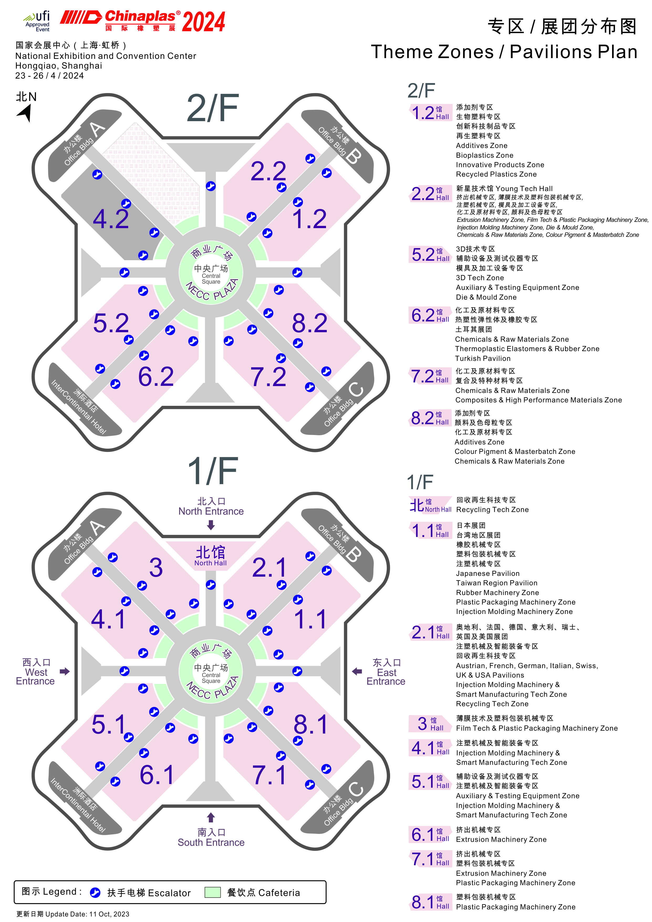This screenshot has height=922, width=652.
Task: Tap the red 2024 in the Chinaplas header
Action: click(204, 22)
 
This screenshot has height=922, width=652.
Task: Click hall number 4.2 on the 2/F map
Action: click(111, 219)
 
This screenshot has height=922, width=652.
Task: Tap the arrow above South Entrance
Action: click(211, 817)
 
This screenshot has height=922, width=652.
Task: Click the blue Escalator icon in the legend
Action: click(95, 892)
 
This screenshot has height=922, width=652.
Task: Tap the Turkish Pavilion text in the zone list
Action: click(483, 358)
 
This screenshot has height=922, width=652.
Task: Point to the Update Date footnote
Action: click(73, 914)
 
